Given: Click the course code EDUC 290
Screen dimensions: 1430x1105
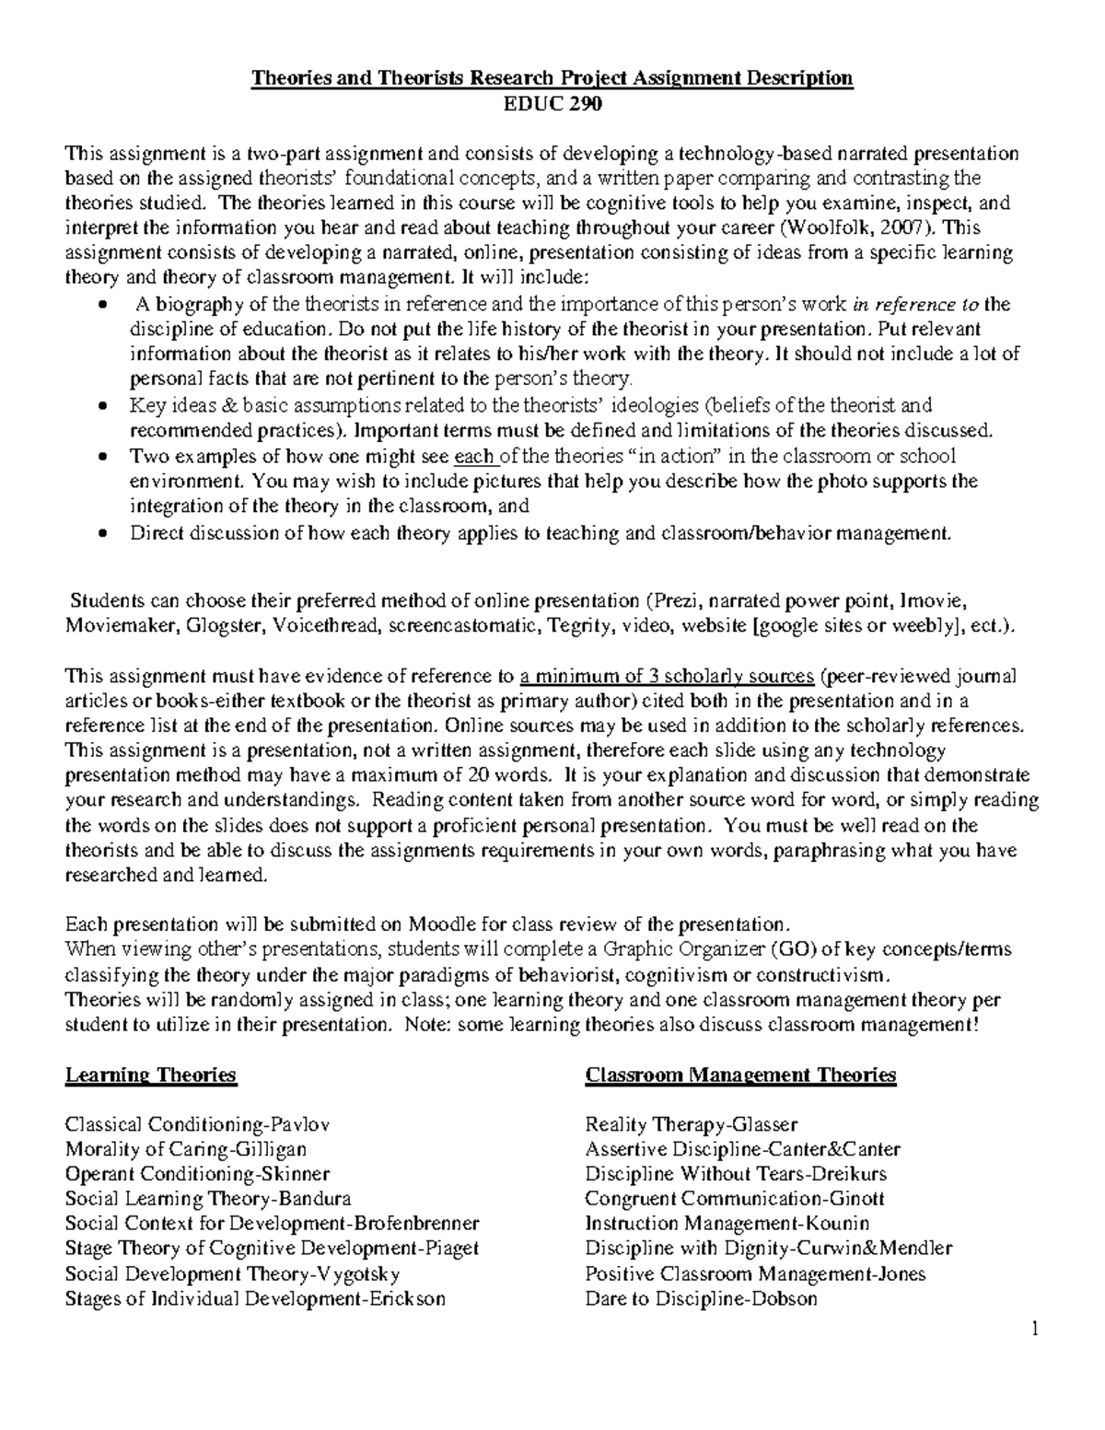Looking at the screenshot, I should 552,104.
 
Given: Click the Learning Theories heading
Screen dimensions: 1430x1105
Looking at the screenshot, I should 150,1075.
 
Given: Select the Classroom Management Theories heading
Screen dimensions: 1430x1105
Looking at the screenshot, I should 740,1075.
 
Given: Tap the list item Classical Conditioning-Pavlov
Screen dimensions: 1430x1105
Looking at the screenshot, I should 197,1124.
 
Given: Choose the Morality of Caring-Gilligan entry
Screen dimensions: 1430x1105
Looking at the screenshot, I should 186,1149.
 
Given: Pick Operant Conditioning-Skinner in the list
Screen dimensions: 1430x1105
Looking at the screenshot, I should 197,1174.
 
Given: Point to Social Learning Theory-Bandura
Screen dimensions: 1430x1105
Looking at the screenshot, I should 208,1199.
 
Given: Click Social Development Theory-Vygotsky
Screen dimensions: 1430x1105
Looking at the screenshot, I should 232,1274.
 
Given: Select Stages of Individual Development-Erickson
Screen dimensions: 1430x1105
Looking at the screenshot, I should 255,1299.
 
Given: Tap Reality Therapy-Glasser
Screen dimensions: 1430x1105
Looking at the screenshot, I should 691,1124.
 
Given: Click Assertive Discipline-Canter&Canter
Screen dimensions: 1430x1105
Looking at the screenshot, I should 742,1149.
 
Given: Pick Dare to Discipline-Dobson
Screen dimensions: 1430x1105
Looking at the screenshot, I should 701,1299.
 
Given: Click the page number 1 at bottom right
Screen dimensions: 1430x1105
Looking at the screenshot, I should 1034,1329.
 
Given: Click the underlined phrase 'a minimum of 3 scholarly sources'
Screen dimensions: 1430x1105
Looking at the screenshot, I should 667,677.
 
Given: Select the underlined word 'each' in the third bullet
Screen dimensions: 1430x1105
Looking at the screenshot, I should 475,456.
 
